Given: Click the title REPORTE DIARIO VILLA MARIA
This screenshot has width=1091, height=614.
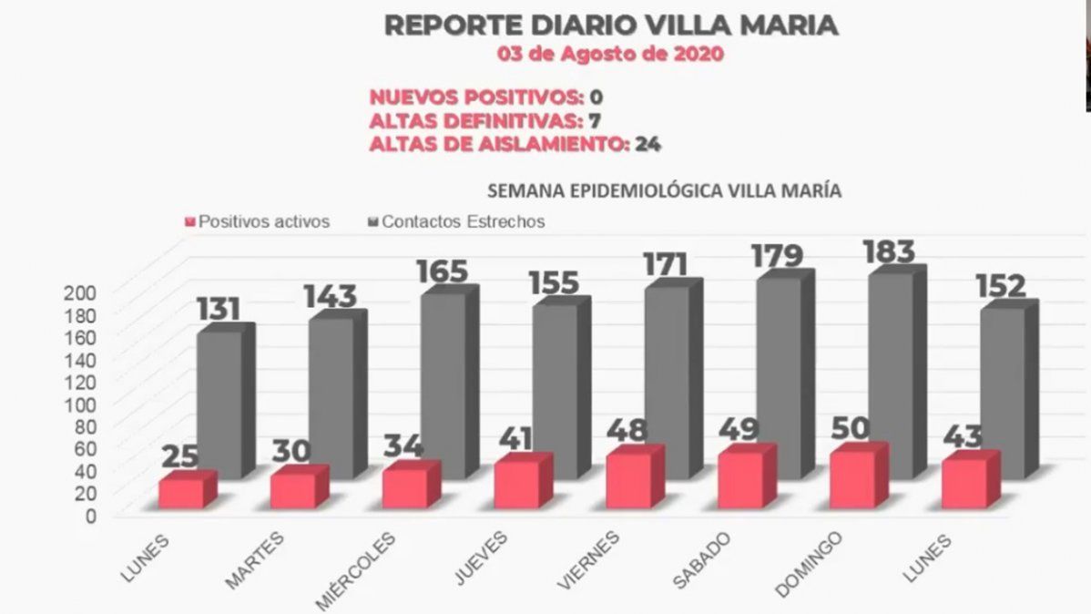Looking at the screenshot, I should [x=610, y=25].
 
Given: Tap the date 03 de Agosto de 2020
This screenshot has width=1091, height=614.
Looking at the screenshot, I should [x=610, y=54].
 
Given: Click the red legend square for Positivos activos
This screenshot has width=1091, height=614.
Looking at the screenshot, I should [x=190, y=221].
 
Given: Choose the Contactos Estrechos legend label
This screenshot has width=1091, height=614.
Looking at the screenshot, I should [x=464, y=221].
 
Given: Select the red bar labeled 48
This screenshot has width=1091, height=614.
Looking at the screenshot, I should [x=628, y=479].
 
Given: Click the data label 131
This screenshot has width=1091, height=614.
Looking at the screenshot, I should [x=218, y=309].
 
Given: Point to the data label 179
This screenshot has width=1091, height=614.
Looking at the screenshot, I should [x=777, y=255].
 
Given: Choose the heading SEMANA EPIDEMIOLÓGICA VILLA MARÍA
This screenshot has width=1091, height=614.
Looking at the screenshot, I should [x=664, y=192].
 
